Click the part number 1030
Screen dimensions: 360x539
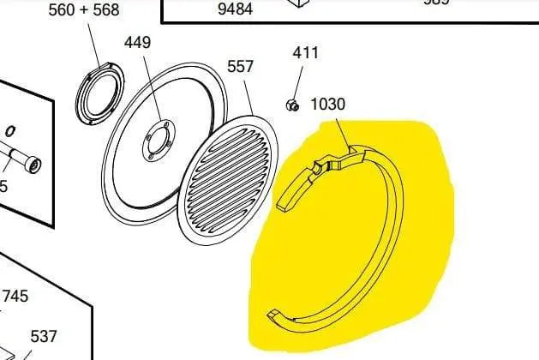click(x=327, y=105)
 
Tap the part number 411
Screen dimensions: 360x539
click(x=306, y=52)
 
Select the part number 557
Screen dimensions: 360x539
click(x=241, y=67)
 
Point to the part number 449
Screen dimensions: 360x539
click(x=139, y=43)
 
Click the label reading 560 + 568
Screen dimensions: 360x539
click(x=83, y=10)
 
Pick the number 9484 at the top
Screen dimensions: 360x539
click(x=235, y=9)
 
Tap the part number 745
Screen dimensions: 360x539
click(x=15, y=296)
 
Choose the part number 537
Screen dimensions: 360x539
click(x=44, y=337)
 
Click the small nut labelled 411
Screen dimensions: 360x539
click(x=291, y=105)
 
